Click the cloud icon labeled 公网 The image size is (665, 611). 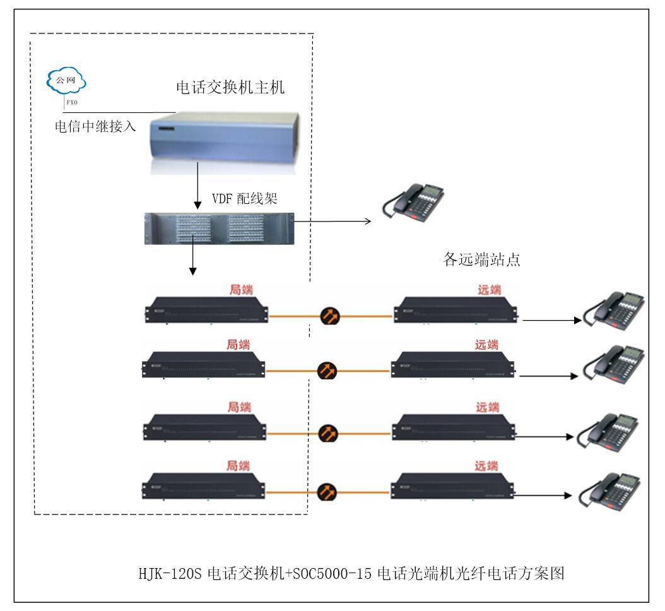[66, 81]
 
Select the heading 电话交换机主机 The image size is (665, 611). [230, 87]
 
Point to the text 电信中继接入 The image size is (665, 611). [94, 126]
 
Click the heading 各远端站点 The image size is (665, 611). [482, 259]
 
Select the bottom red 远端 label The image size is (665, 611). [486, 466]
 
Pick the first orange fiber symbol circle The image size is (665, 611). [327, 315]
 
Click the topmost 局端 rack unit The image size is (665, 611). [206, 309]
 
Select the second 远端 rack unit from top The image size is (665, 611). [453, 365]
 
